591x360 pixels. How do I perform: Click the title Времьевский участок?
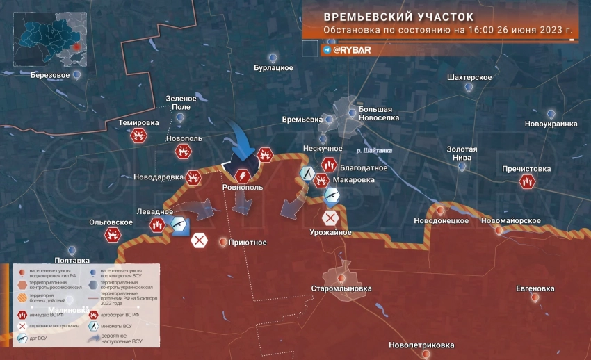[x=399, y=16]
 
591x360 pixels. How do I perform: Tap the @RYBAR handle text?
[x=352, y=50]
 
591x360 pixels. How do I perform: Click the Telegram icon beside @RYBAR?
[x=327, y=50]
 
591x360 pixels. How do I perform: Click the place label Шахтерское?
[x=470, y=77]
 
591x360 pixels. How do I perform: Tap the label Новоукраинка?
[x=551, y=124]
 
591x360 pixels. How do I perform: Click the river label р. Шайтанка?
[x=373, y=151]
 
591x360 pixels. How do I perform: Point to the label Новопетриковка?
[x=421, y=345]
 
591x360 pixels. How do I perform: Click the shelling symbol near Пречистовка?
[x=527, y=182]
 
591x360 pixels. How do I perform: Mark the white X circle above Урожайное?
[x=330, y=218]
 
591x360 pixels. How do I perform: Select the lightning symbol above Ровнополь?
[x=243, y=175]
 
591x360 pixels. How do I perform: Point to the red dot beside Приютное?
[x=222, y=243]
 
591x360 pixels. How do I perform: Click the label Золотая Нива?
[x=462, y=154]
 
